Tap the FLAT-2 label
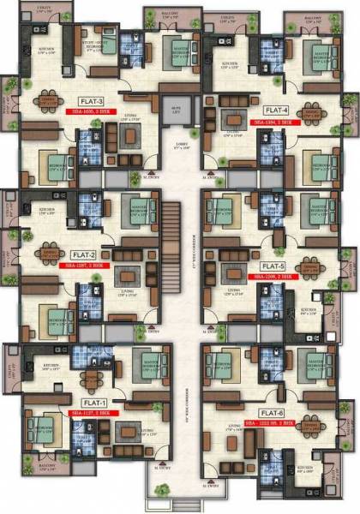tap(82, 255)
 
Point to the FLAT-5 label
tap(272, 266)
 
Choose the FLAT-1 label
tap(93, 402)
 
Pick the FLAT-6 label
tap(273, 412)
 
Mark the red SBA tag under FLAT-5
tap(275, 278)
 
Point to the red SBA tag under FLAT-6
tap(275, 423)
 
